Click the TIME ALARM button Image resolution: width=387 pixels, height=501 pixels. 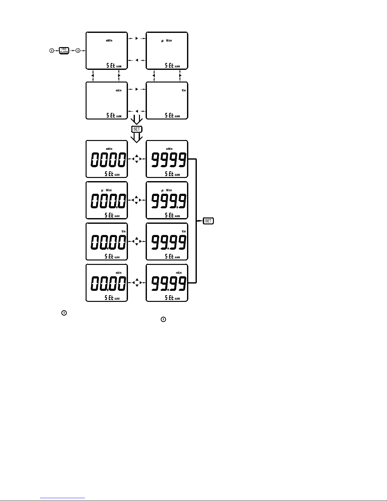click(x=64, y=51)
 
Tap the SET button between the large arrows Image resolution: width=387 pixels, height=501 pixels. click(x=137, y=129)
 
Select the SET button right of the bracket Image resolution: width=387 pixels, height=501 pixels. click(x=209, y=221)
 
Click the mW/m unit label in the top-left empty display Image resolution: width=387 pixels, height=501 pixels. click(x=109, y=41)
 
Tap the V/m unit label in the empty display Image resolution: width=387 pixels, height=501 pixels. click(x=184, y=91)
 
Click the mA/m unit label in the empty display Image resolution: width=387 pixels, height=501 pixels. click(x=118, y=91)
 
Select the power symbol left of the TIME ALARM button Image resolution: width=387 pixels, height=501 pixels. click(x=51, y=51)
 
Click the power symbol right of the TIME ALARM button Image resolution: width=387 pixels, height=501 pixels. click(x=78, y=51)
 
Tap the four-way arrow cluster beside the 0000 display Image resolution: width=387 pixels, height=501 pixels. click(x=136, y=159)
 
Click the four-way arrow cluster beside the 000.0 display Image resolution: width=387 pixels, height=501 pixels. click(x=136, y=200)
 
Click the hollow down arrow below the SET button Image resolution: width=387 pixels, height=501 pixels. click(x=137, y=137)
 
